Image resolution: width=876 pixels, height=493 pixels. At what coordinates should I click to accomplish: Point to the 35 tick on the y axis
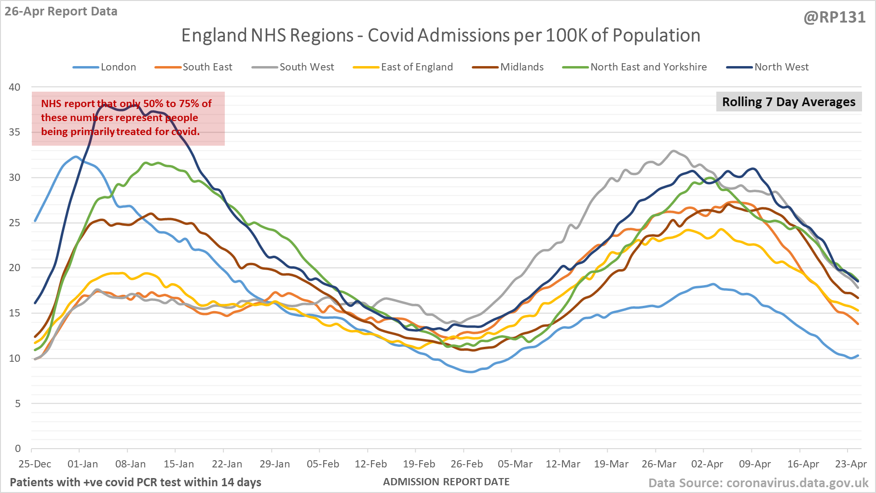coord(15,132)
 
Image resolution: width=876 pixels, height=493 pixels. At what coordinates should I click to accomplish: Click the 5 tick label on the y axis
coord(18,404)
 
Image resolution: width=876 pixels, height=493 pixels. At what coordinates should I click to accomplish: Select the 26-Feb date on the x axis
coord(466,464)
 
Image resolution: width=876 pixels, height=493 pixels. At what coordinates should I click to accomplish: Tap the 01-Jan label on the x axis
coord(82,464)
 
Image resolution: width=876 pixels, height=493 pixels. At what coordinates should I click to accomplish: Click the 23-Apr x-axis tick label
coord(851,464)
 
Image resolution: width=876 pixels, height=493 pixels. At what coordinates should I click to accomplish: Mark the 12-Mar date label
coord(563,464)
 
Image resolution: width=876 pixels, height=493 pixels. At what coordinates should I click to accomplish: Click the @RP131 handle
coord(835,17)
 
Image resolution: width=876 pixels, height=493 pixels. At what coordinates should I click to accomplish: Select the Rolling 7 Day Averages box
coord(789,102)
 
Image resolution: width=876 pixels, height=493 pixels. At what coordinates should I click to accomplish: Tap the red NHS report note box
coord(128,118)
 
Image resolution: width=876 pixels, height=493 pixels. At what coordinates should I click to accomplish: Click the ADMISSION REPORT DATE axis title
coord(446,482)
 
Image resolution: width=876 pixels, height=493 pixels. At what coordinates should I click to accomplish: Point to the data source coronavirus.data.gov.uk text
coord(758,483)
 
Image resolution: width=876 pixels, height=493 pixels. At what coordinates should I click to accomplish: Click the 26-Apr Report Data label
coord(61,12)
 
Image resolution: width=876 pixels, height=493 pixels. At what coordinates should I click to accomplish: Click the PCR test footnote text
coord(136,482)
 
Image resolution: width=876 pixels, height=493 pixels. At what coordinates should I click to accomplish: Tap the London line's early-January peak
coord(76,156)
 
